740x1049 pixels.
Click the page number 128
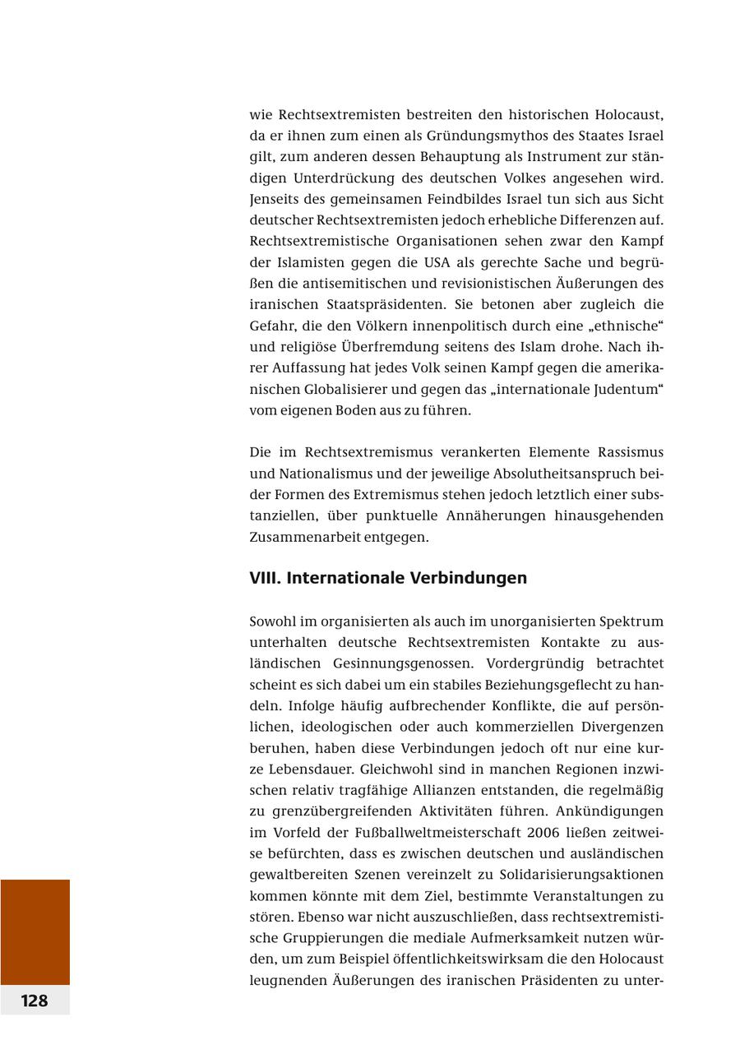coord(35,1000)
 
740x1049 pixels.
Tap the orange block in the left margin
coord(35,931)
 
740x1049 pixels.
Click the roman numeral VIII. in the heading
coord(265,578)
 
